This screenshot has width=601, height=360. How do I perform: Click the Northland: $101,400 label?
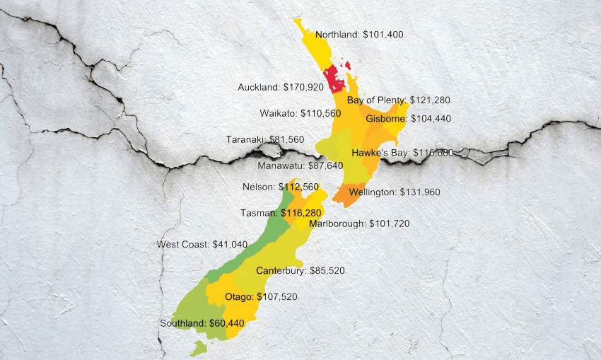pyautogui.click(x=359, y=35)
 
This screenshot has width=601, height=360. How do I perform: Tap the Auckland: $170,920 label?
pyautogui.click(x=280, y=88)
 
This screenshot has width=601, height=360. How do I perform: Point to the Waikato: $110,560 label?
pyautogui.click(x=300, y=113)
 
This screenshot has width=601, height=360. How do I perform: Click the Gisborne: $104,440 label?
pyautogui.click(x=408, y=119)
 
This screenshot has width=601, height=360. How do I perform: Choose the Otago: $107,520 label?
pyautogui.click(x=260, y=297)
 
